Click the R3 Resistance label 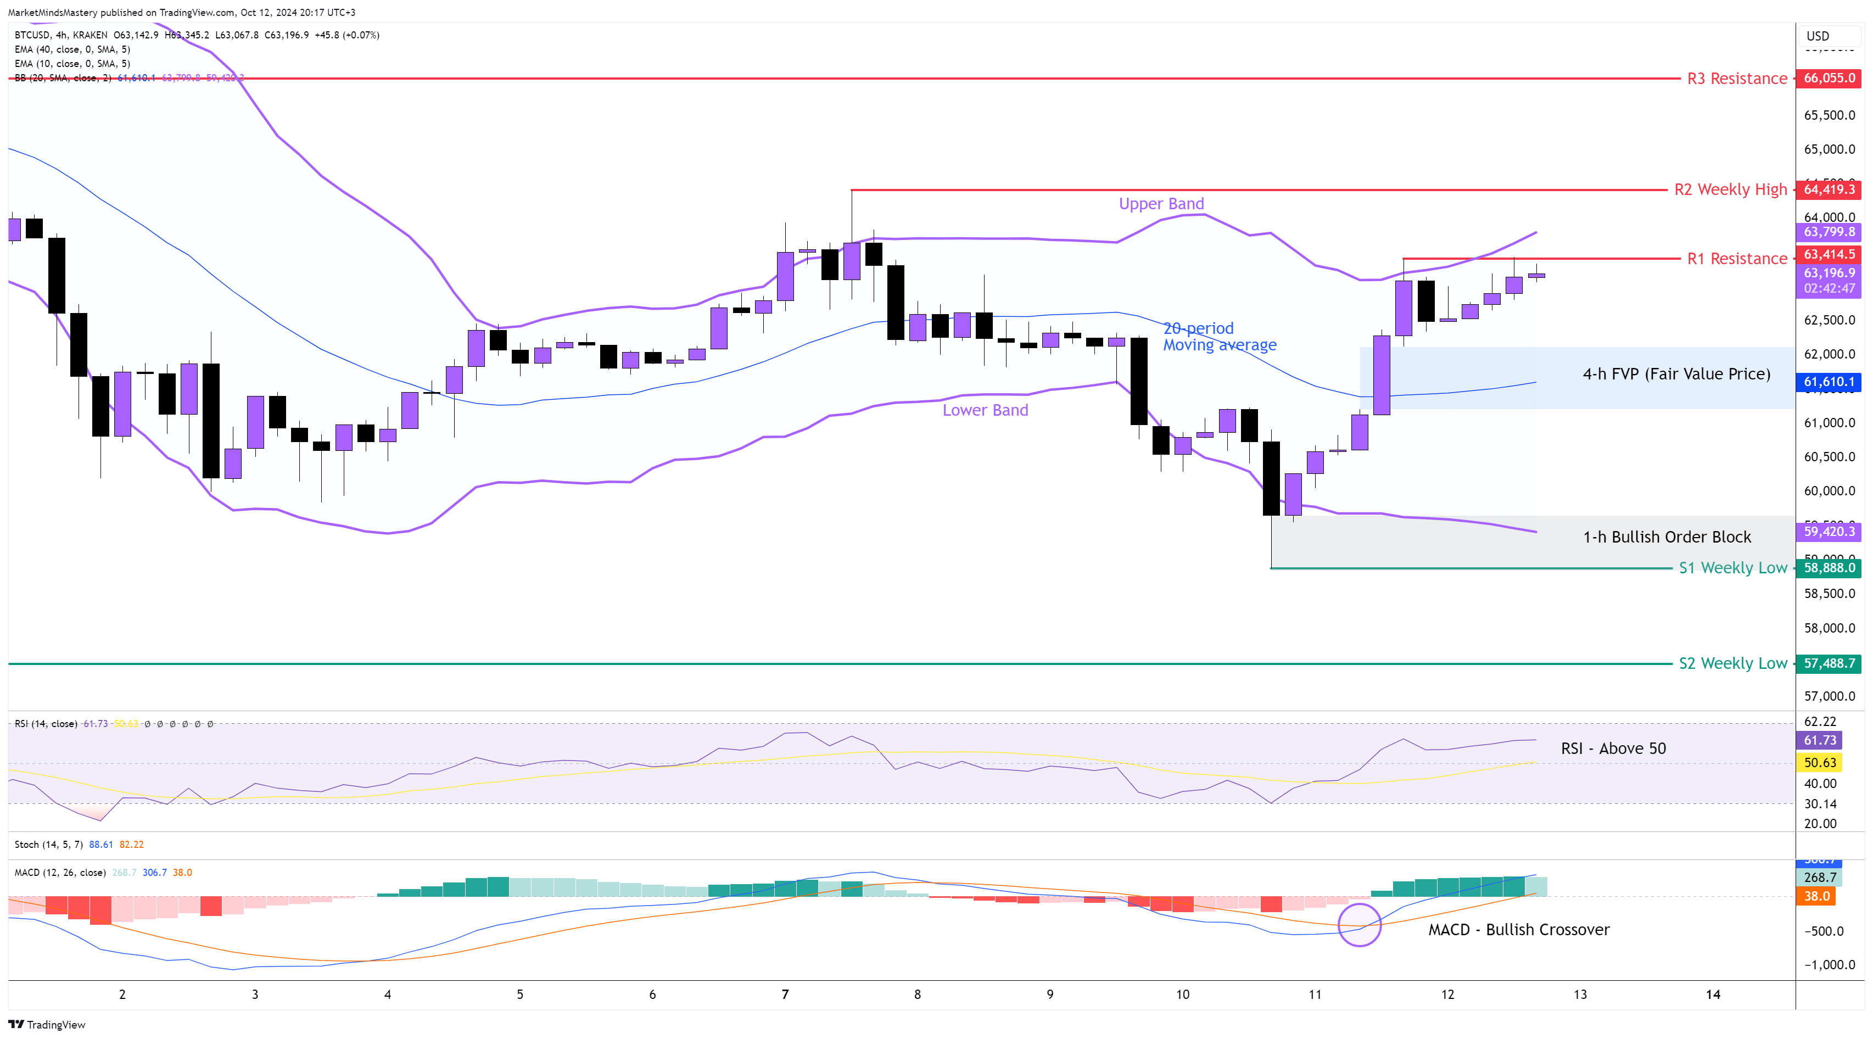pos(1736,79)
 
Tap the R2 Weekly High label pos(1730,190)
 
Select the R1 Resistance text pos(1736,259)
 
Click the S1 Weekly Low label pos(1732,568)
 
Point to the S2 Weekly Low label pos(1732,663)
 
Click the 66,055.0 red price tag pos(1829,78)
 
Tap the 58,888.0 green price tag pos(1829,568)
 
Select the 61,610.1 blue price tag pos(1829,382)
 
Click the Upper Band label pos(1161,204)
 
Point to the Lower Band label pos(985,410)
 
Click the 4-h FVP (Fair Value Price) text pos(1676,374)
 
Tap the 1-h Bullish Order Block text pos(1667,537)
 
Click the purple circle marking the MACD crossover pos(1359,925)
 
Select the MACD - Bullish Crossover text pos(1518,929)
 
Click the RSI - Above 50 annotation pos(1613,748)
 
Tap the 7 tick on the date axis pos(785,994)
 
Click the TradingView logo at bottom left pos(47,1025)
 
